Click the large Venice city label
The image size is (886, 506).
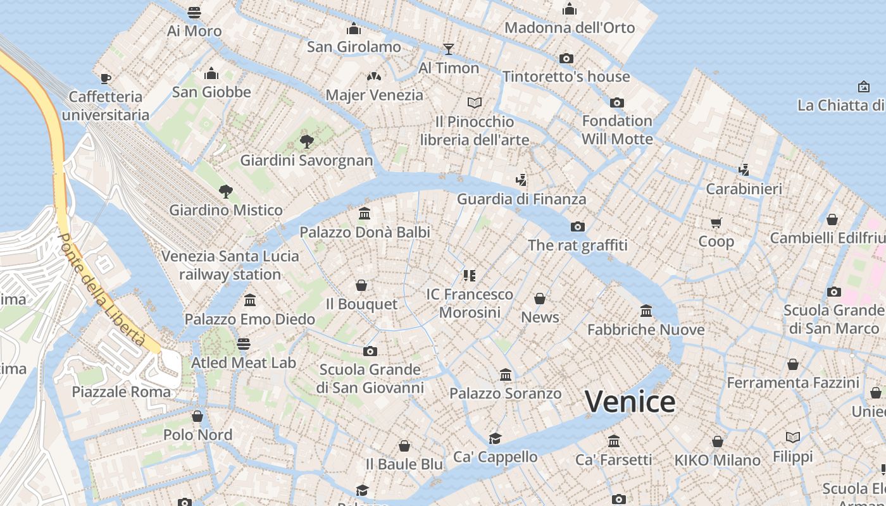(630, 402)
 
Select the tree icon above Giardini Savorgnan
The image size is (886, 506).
(307, 141)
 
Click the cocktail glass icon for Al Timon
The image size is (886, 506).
(449, 49)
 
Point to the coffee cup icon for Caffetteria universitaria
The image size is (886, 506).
(106, 78)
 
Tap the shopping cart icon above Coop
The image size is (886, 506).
(716, 223)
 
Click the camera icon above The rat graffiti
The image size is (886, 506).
(577, 226)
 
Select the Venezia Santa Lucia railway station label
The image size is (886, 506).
(230, 265)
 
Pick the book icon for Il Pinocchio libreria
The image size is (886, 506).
(475, 102)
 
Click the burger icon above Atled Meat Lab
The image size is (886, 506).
(244, 344)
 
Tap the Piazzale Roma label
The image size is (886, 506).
(121, 392)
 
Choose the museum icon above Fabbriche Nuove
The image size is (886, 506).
(646, 311)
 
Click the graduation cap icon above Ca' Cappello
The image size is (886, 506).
(495, 438)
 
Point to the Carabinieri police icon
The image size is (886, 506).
(744, 170)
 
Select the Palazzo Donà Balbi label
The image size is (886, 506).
(365, 232)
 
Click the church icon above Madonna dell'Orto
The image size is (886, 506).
(570, 9)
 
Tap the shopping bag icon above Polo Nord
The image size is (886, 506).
(197, 416)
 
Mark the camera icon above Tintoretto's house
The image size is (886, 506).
(566, 58)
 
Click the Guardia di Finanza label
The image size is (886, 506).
(521, 199)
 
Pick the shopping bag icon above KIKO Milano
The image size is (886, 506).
(717, 441)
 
